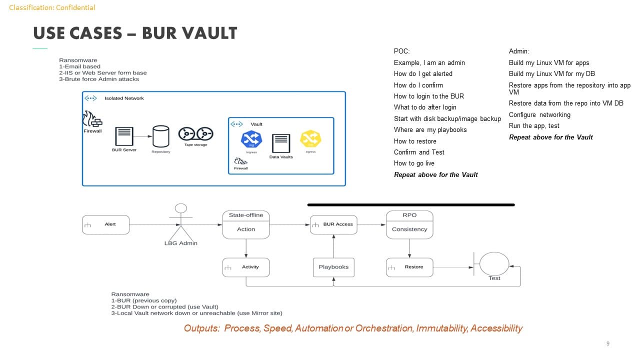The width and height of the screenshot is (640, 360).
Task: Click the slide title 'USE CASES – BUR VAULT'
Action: (x=135, y=33)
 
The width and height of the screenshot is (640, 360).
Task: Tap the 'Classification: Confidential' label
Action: (x=52, y=7)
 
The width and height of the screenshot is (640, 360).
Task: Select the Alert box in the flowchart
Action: (x=105, y=224)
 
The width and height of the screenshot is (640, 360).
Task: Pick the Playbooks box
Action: (x=333, y=267)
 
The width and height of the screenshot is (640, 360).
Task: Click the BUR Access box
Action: (x=333, y=224)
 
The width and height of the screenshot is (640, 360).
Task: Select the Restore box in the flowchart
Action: (x=409, y=267)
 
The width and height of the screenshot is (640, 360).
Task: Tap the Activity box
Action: (x=246, y=267)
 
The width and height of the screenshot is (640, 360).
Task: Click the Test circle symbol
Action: (x=494, y=263)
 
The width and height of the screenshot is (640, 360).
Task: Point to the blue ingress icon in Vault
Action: (x=251, y=139)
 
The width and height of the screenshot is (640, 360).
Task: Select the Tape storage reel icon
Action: (x=195, y=134)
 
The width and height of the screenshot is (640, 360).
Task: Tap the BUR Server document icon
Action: (x=124, y=136)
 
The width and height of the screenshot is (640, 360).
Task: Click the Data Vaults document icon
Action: (x=281, y=143)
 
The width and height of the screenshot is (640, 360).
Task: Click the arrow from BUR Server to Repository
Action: (x=143, y=135)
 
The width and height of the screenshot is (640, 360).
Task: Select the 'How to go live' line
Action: (x=414, y=163)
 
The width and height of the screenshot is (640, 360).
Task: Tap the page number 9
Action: (x=607, y=343)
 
